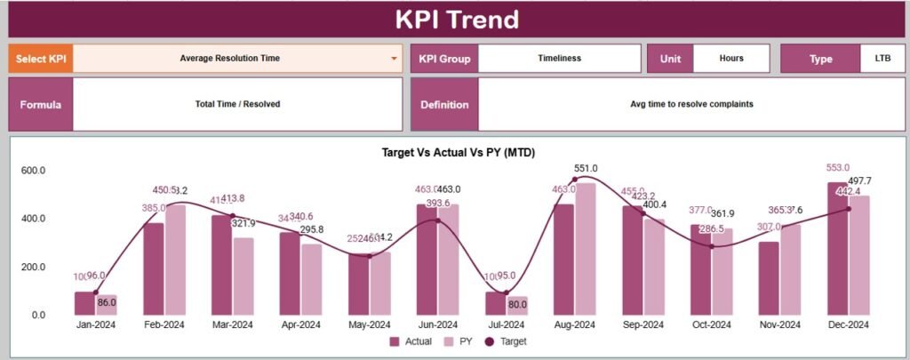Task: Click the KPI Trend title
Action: tap(457, 20)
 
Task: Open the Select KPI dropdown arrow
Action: tap(394, 59)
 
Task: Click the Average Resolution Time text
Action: tap(229, 59)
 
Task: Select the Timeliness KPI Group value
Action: tap(559, 59)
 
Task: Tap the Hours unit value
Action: tap(730, 59)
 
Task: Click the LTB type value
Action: tap(882, 59)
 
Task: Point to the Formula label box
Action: tap(41, 104)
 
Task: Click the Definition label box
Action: tap(444, 104)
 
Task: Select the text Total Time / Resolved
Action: tap(237, 104)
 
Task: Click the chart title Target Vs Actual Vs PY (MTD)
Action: tap(458, 153)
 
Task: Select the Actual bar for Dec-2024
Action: tap(838, 249)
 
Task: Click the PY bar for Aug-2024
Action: tap(585, 249)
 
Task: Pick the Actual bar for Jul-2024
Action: tap(495, 303)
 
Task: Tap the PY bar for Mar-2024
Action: tap(243, 276)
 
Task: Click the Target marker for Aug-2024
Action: tap(574, 180)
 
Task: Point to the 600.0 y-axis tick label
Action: tap(34, 171)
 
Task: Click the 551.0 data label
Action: tap(586, 168)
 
